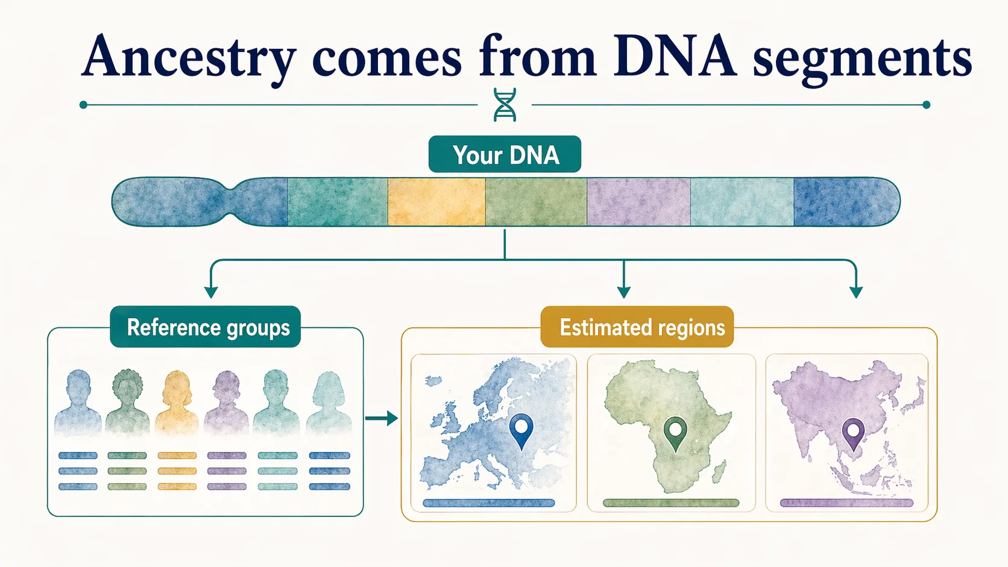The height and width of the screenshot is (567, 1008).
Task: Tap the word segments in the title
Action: (862, 58)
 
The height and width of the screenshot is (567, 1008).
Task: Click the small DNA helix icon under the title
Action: (505, 105)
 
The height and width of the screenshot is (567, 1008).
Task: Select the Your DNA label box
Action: (505, 155)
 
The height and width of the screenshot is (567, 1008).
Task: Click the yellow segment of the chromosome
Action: (436, 202)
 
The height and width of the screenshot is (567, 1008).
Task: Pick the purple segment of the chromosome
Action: (638, 202)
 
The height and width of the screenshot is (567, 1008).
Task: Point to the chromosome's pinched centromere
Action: (231, 202)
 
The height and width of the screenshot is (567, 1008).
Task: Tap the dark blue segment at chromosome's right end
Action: (844, 202)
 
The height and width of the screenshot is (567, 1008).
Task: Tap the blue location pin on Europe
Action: (521, 429)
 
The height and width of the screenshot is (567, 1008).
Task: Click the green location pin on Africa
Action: (675, 432)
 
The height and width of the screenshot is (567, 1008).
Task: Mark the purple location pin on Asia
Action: (853, 433)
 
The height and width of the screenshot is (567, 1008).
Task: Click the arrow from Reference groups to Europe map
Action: (381, 418)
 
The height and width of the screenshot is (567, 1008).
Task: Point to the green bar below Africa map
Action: (671, 503)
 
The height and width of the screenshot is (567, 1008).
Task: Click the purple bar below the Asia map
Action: (846, 503)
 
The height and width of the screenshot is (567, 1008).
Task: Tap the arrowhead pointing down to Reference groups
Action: (210, 292)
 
